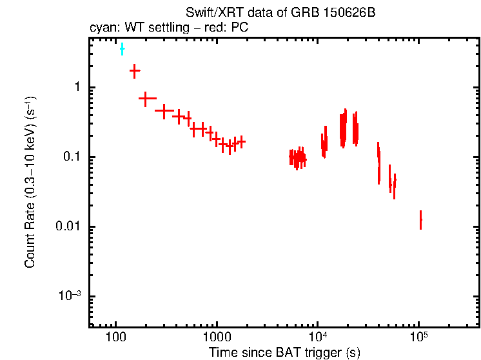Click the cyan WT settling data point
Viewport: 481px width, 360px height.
[122, 49]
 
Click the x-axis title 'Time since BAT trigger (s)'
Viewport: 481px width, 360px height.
[284, 352]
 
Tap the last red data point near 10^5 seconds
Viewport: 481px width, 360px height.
[420, 220]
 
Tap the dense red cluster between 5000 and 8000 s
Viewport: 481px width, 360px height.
[297, 158]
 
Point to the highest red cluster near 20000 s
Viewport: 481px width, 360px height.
[344, 128]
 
